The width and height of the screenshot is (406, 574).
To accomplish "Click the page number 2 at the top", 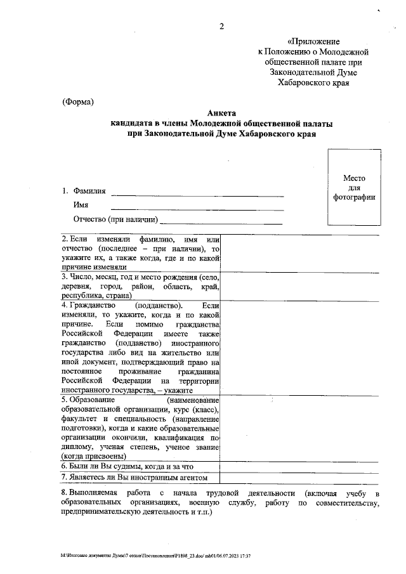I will (x=222, y=25).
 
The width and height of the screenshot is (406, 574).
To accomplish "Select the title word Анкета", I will (x=221, y=113).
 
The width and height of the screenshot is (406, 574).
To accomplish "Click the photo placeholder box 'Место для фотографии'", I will (x=354, y=188).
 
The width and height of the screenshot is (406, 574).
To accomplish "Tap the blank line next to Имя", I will (x=197, y=207).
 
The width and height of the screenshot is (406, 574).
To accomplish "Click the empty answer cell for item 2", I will (x=299, y=254).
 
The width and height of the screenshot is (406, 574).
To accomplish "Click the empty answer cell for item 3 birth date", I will (x=299, y=287).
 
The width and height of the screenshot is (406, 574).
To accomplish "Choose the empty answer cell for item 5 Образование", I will (x=299, y=428).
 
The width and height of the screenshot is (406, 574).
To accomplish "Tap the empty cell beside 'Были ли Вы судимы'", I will (x=299, y=466).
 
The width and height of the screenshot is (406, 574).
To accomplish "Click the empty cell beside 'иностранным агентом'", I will (x=299, y=478).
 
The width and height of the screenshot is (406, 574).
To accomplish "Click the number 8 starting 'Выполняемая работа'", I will (x=63, y=493).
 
